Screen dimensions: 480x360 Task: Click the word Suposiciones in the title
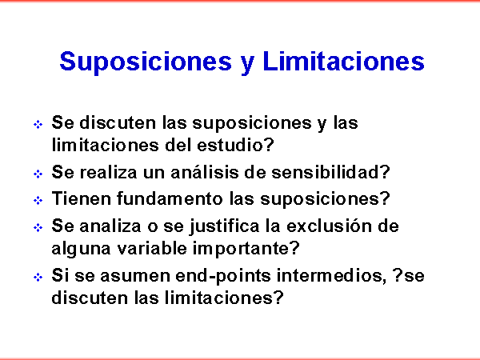(146, 62)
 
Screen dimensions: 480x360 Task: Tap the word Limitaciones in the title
(343, 61)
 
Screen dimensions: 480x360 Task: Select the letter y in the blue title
(247, 65)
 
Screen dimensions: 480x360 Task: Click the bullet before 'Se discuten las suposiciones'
(38, 125)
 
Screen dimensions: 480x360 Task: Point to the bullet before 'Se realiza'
(38, 174)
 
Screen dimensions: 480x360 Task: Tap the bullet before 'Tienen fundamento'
(38, 201)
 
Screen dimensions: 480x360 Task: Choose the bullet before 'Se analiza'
(38, 227)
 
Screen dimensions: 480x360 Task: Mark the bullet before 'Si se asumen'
(38, 278)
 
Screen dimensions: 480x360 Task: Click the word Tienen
(81, 198)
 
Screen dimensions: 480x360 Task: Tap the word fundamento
(170, 198)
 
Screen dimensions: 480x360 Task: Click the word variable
(152, 248)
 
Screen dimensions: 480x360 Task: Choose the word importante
(246, 249)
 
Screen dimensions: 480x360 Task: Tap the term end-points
(223, 276)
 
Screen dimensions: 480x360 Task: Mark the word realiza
(108, 172)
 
